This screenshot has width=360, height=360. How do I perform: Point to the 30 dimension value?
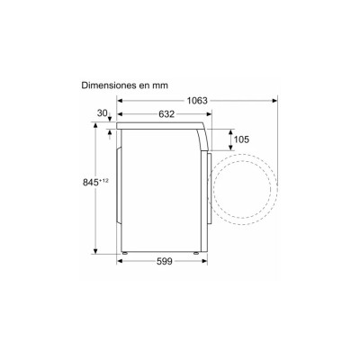click(x=102, y=113)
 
